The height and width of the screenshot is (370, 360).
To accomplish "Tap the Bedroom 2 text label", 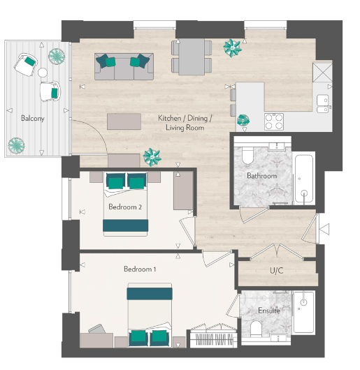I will click(125, 207).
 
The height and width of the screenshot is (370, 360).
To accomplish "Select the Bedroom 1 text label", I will click(141, 269).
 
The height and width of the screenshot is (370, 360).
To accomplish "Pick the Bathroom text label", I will click(261, 176).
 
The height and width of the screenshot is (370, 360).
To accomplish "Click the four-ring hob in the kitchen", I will click(273, 121).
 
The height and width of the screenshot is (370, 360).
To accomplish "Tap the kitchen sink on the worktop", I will click(322, 104).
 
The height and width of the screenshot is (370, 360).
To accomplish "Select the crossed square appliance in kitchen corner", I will click(323, 73).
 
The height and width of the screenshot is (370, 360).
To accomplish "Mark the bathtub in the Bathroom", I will click(304, 179).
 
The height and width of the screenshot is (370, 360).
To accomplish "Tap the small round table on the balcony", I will click(43, 72).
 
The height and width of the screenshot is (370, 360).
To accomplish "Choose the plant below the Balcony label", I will click(15, 145).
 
